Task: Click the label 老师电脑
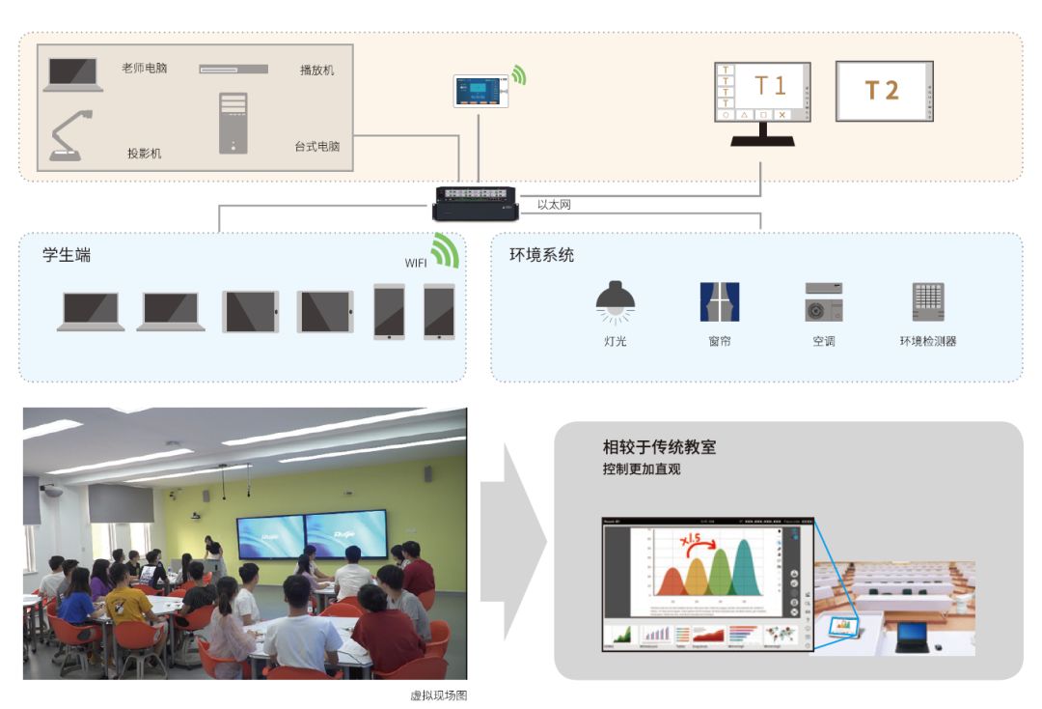[x=144, y=69]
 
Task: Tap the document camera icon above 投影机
[x=72, y=135]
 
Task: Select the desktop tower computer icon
[x=233, y=123]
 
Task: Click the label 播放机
[x=316, y=71]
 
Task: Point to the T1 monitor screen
[x=762, y=92]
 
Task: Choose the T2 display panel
[x=885, y=91]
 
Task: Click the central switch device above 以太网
[x=475, y=200]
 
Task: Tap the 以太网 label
[x=554, y=204]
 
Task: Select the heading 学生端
[x=67, y=255]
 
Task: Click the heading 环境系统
[x=541, y=255]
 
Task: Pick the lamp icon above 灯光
[x=615, y=300]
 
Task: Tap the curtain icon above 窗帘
[x=719, y=301]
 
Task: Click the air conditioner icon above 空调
[x=823, y=301]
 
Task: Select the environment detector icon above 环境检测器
[x=927, y=301]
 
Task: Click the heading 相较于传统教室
[x=659, y=448]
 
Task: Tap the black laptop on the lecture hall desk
[x=910, y=635]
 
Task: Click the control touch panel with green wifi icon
[x=480, y=91]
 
